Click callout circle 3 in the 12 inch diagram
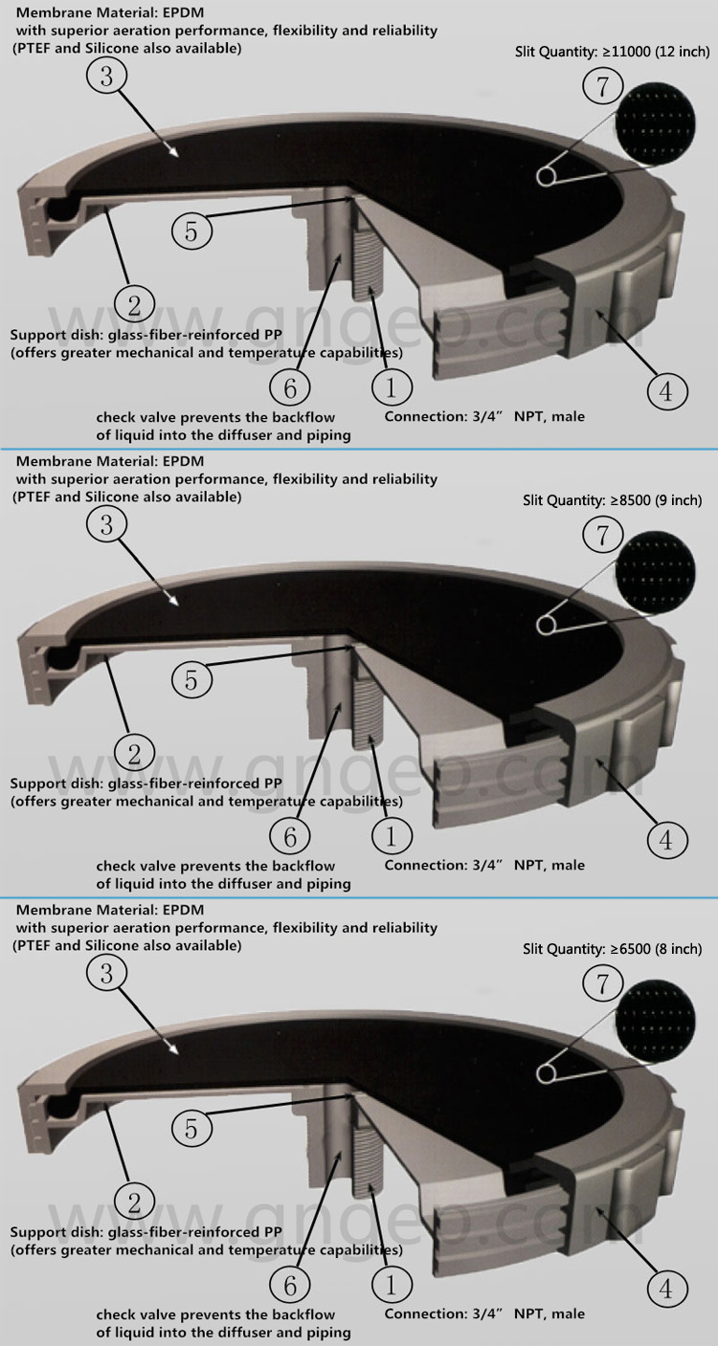click(x=107, y=77)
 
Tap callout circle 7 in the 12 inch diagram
click(x=602, y=87)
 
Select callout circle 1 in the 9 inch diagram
click(x=391, y=835)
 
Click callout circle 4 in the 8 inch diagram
click(x=666, y=1288)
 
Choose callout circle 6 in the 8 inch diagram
click(x=289, y=1283)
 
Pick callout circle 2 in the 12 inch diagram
click(x=134, y=305)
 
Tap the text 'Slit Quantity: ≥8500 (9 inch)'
click(x=613, y=500)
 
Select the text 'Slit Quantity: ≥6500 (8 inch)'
click(x=613, y=949)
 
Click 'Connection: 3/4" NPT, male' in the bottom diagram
click(x=484, y=1313)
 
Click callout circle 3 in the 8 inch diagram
click(x=107, y=973)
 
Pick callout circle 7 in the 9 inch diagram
click(x=602, y=535)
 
